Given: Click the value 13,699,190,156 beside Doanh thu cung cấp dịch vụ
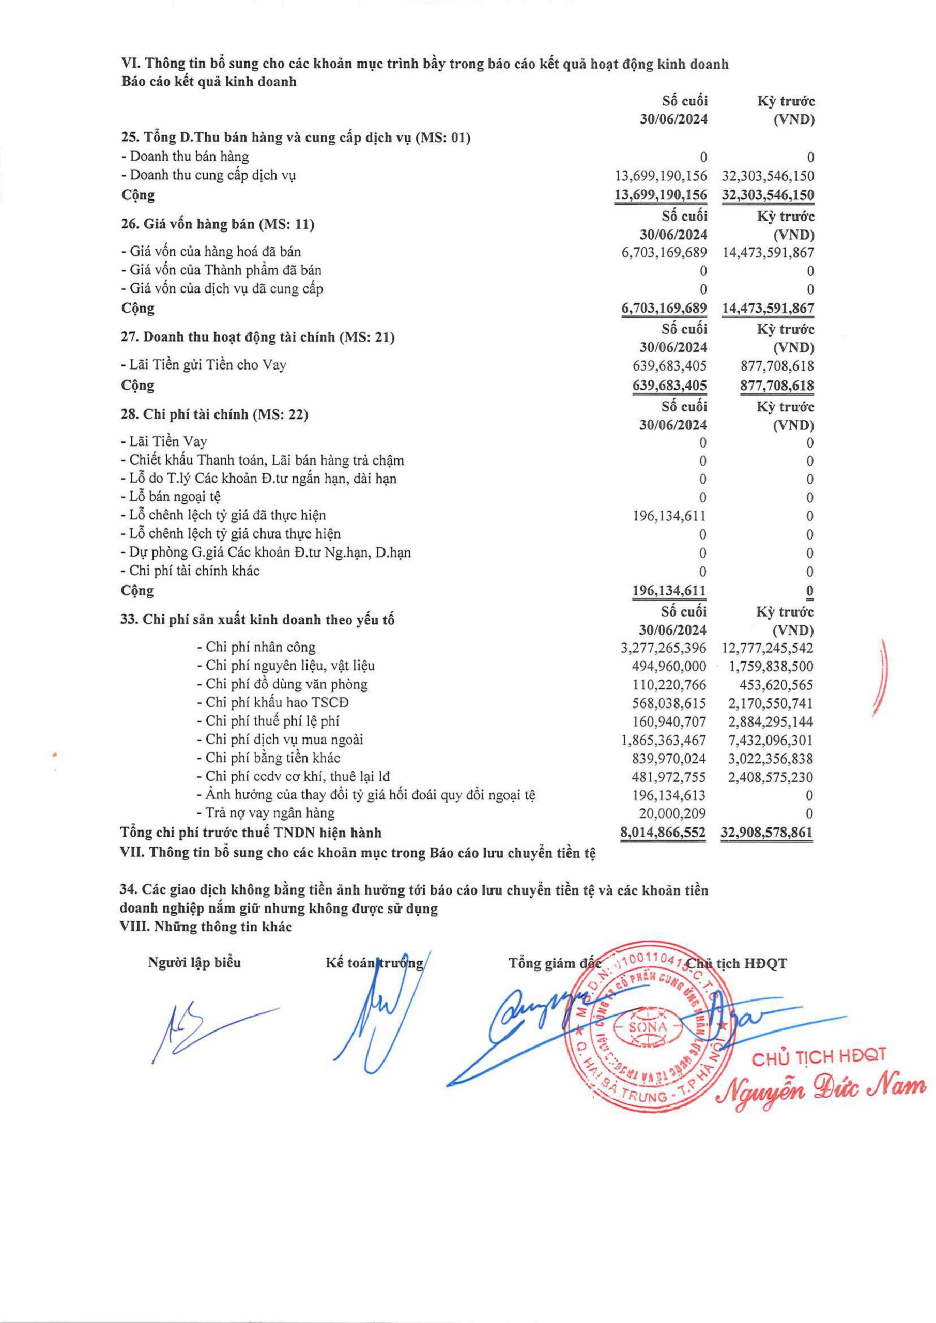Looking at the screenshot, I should tap(661, 175).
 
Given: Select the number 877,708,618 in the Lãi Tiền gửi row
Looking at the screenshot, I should tap(777, 366).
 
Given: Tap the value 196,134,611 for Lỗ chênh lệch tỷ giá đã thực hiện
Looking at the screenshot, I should tap(669, 516).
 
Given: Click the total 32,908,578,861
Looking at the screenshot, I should tap(767, 833).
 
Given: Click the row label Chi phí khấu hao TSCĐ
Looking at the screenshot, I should tap(277, 703).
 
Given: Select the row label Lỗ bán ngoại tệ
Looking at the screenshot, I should tap(171, 497).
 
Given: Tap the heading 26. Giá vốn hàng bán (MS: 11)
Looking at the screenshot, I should tap(217, 225).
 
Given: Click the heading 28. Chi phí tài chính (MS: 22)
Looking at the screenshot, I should tap(214, 414).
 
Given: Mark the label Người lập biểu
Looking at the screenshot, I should tap(195, 963).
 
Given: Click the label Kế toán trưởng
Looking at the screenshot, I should tap(374, 963).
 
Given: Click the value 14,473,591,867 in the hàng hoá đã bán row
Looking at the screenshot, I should tap(768, 252).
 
